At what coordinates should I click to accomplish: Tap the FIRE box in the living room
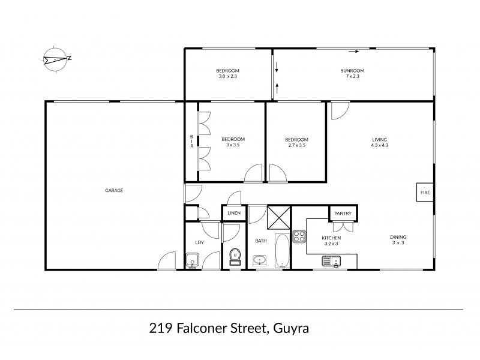(425, 193)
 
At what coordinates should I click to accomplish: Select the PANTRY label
(343, 212)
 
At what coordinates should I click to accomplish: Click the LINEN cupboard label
(233, 214)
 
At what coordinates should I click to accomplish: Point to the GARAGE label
(114, 190)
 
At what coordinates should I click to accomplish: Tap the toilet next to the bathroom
(235, 256)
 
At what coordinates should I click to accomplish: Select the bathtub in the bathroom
(282, 252)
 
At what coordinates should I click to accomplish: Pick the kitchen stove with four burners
(299, 236)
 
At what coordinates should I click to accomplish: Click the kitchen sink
(331, 260)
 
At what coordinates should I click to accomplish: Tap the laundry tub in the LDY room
(193, 260)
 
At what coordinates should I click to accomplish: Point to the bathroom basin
(260, 260)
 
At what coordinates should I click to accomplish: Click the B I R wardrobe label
(191, 142)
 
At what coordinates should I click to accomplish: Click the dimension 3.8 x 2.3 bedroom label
(227, 73)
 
